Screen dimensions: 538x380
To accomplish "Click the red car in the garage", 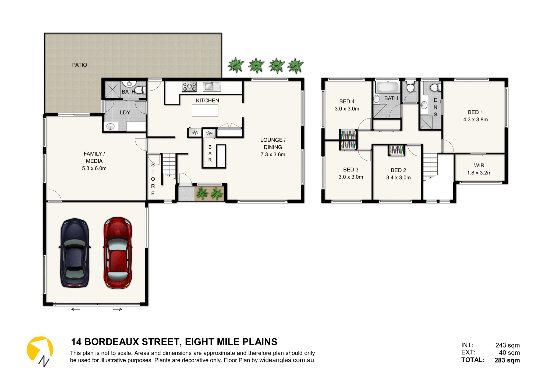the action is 118,253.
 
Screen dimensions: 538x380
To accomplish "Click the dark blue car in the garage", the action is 75,253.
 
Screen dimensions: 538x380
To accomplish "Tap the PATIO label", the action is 80,65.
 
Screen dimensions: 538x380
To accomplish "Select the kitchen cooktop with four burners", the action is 189,87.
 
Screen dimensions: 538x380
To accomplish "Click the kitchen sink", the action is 212,87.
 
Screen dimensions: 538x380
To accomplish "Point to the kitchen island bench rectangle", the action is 205,110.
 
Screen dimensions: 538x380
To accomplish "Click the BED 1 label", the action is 475,112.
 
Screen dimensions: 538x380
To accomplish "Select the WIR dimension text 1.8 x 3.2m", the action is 479,173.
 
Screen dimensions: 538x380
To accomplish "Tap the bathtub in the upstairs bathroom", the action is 387,87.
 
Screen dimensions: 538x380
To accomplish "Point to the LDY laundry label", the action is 125,112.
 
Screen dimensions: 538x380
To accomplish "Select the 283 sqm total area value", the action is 507,360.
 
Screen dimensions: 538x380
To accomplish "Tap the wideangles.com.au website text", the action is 286,360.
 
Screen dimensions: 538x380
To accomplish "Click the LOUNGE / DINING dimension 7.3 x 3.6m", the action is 273,155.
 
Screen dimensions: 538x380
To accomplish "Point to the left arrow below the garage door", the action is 76,309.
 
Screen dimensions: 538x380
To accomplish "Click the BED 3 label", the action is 351,170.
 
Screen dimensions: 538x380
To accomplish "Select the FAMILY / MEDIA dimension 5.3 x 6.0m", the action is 94,168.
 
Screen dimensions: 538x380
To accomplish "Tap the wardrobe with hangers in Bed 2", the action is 396,150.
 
